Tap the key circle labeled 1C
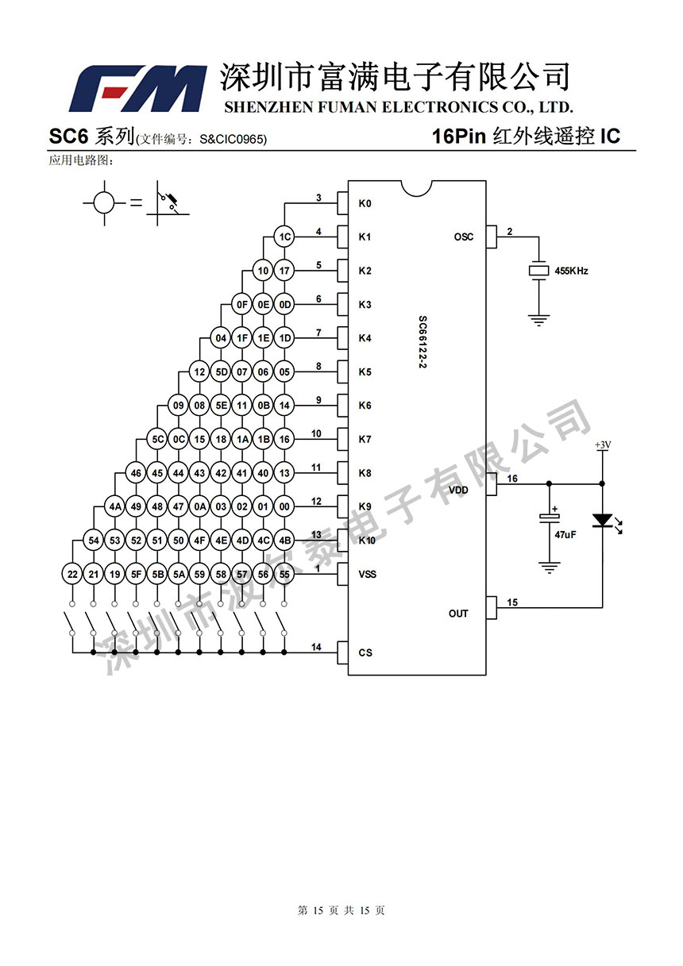(284, 237)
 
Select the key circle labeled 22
(73, 574)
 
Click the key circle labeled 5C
(158, 439)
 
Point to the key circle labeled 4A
(115, 506)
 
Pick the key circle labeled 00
(284, 506)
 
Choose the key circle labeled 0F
(242, 304)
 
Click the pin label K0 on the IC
(365, 204)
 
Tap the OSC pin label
(463, 237)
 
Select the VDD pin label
(459, 490)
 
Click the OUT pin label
(458, 614)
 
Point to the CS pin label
(365, 653)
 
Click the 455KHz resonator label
(571, 271)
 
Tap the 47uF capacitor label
(565, 536)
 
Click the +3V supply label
(603, 445)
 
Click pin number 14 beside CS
(316, 648)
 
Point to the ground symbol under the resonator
(539, 321)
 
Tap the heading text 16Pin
(458, 137)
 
